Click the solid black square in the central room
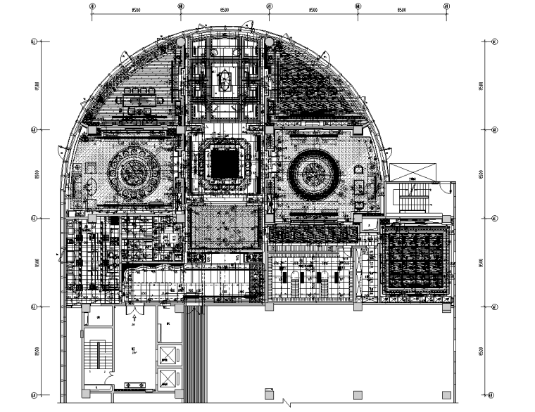(225, 164)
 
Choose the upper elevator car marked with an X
(168, 354)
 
